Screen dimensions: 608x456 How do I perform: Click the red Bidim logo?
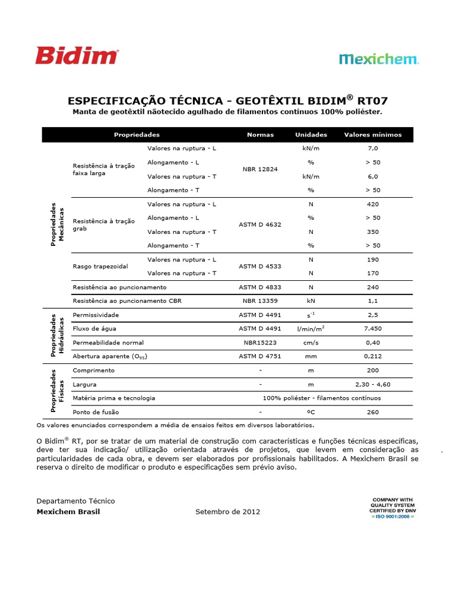coord(77,56)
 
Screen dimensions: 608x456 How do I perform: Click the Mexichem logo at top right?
coord(379,59)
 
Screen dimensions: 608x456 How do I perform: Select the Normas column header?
coord(260,135)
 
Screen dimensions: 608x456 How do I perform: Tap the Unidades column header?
coord(311,135)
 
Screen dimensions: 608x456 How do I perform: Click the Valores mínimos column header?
coord(373,135)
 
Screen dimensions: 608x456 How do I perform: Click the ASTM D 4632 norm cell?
coord(260,224)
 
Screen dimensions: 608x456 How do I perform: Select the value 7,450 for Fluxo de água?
coord(373,328)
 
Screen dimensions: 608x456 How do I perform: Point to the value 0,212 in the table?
coord(373,356)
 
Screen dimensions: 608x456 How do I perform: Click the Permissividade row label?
coord(96,315)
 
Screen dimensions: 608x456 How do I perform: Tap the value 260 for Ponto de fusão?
coord(373,411)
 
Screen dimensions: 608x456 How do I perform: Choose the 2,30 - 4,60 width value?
coord(373,384)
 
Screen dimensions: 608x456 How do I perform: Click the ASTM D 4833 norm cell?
coord(260,287)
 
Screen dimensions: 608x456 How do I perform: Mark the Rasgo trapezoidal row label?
coord(100,267)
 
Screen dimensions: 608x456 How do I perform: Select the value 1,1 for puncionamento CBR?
coord(373,301)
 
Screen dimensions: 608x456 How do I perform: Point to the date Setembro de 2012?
coord(227,512)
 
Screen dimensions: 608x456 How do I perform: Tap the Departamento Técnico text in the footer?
coord(76,501)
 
